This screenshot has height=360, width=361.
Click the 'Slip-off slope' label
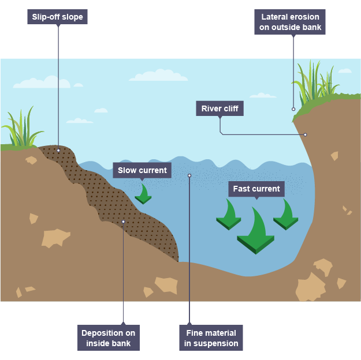pos(58,17)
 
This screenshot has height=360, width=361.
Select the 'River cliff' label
pos(219,108)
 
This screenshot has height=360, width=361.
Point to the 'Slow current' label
pos(142,170)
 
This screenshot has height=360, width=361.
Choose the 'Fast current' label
pos(256,189)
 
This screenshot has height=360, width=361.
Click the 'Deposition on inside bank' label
pos(108,338)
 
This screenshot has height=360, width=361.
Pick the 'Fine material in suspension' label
pos(211,338)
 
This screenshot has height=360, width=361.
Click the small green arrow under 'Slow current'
pos(143,194)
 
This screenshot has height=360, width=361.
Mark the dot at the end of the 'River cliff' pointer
pos(305,134)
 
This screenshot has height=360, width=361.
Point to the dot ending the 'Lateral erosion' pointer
pos(293,108)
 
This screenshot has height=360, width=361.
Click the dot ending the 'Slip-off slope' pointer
pos(58,151)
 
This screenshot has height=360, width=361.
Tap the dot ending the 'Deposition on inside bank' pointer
pos(123,222)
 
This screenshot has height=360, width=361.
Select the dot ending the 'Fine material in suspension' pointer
pos(189,175)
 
